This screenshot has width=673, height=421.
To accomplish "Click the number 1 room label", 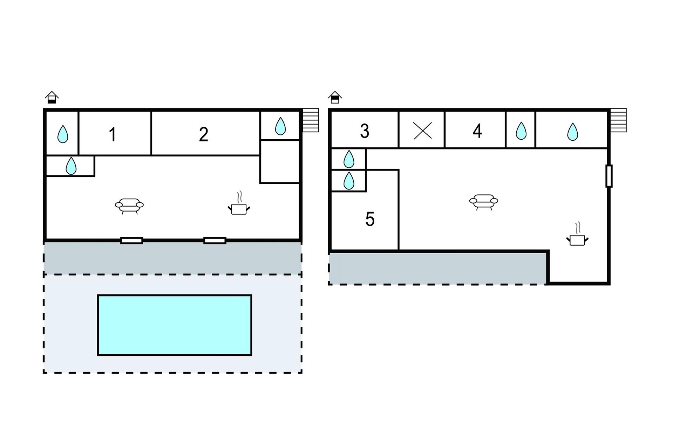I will [x=112, y=134].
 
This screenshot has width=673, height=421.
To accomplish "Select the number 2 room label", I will [x=203, y=134].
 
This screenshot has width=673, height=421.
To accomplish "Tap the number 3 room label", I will [x=365, y=131].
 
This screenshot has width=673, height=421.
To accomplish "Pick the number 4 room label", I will [x=477, y=131].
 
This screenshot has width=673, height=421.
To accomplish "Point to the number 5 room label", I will [x=370, y=219].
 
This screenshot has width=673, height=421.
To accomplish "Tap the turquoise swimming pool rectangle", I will [x=175, y=325].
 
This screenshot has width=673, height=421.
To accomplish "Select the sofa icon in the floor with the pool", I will [x=129, y=206].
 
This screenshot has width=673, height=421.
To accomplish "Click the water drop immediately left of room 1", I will [x=63, y=134].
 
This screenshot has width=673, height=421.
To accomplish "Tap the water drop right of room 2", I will [x=280, y=126].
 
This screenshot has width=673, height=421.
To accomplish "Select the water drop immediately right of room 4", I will [x=521, y=131].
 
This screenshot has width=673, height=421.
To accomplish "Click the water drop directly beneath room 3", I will [x=349, y=159].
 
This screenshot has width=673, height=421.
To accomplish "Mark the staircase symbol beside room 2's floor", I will [x=311, y=120].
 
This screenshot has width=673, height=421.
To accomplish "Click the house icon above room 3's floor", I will [x=335, y=97].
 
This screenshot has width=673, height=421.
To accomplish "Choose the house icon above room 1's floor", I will [x=52, y=97].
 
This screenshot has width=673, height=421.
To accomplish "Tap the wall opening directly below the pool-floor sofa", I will [x=131, y=241].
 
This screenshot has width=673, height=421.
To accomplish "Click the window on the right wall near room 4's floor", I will [x=609, y=176].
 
